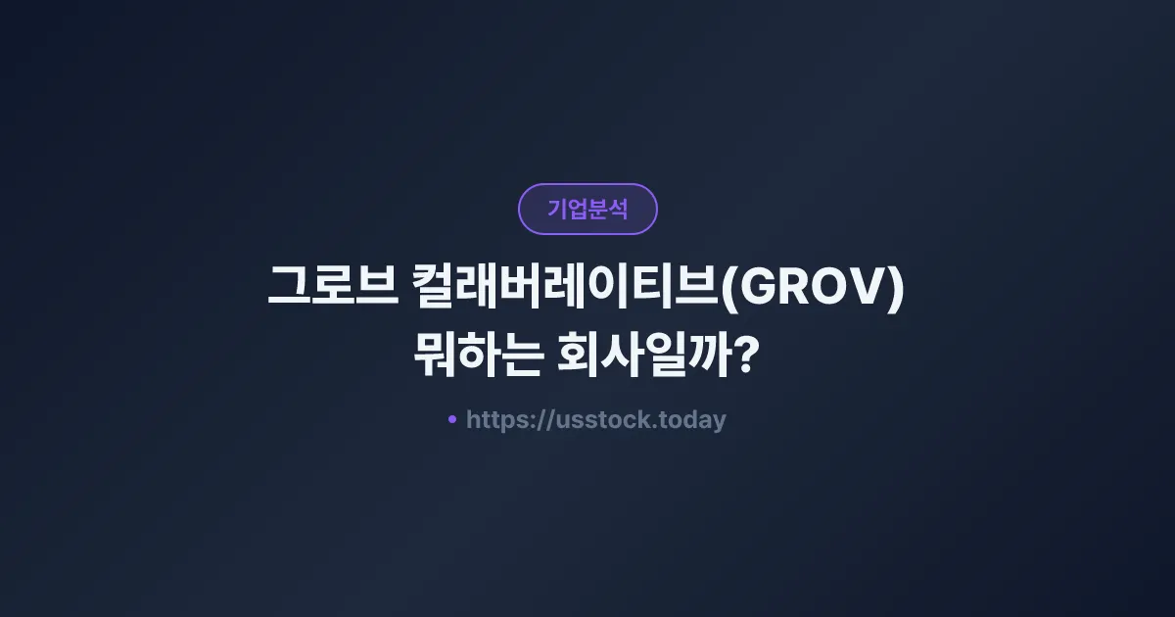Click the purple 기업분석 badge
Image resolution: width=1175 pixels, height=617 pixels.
coord(587,209)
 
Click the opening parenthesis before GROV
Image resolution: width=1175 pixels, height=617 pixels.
coord(727,292)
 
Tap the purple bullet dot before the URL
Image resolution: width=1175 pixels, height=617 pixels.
coord(452,419)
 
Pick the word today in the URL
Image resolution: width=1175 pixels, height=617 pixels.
coord(694,420)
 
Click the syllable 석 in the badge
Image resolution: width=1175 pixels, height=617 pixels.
coord(618,209)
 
